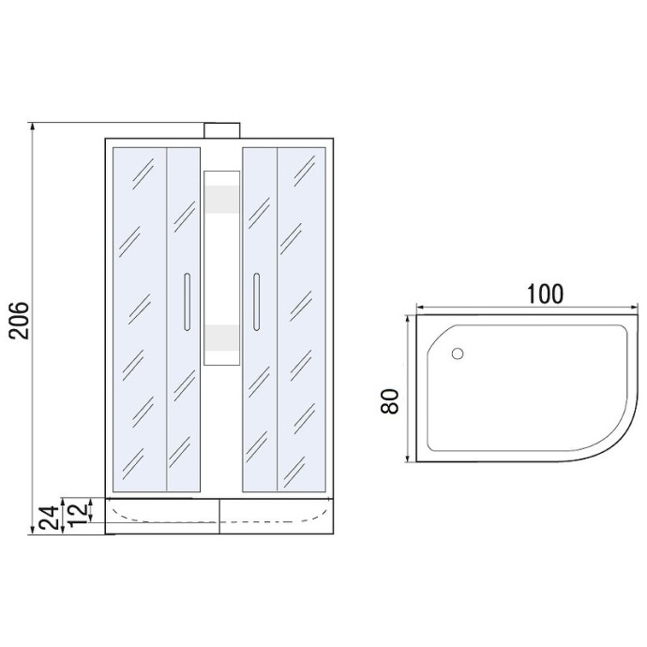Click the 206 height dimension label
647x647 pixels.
click(20, 320)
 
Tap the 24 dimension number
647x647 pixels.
click(50, 518)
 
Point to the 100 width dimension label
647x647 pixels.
click(545, 293)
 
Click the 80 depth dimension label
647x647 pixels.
click(389, 401)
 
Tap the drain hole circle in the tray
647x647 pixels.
click(458, 354)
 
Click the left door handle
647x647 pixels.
click(187, 302)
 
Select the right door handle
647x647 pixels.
click(257, 302)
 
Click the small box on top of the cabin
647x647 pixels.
click(222, 130)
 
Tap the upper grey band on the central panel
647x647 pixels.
click(222, 200)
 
